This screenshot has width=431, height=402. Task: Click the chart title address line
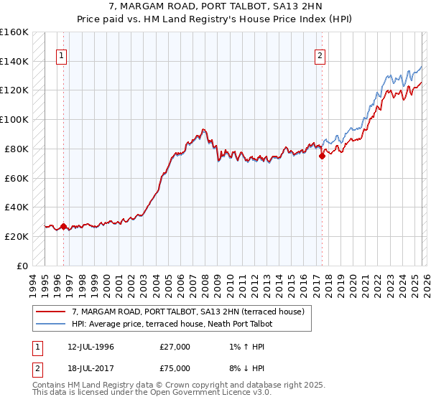(x=215, y=6)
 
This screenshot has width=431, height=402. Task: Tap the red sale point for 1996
(x=63, y=226)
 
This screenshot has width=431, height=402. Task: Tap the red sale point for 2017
(x=321, y=156)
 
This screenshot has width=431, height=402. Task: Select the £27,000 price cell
(x=175, y=347)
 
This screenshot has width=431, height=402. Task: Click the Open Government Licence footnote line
(x=152, y=393)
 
